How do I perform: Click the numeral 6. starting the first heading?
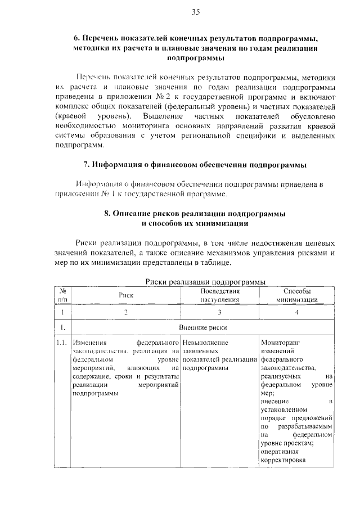click(x=77, y=39)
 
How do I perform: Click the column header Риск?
click(x=126, y=295)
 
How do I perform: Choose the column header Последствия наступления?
click(x=220, y=295)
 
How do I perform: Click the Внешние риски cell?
click(x=202, y=327)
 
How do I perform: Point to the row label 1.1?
click(x=62, y=342)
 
